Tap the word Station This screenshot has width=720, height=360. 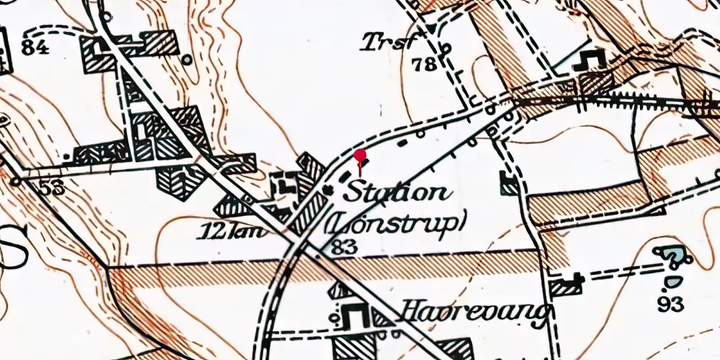point(397,193)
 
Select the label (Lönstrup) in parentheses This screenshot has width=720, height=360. point(394,222)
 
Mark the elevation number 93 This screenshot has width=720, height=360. point(670,304)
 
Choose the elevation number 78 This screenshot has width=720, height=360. point(425,65)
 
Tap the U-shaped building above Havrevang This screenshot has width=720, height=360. point(354,315)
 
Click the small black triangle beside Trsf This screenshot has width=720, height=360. point(431,29)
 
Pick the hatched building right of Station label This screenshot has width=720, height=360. point(510,184)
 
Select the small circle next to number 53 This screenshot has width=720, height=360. point(14,181)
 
